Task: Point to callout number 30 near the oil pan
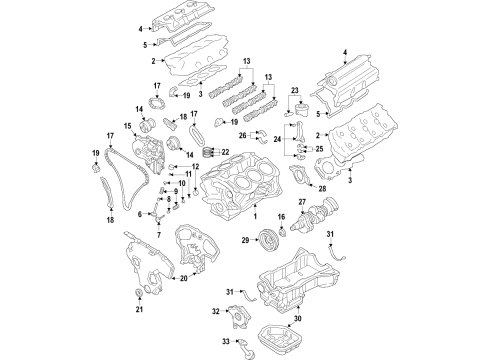point(297,319)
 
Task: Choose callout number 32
point(216,312)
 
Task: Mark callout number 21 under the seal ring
point(139,310)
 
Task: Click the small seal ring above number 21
point(139,292)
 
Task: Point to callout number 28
point(321,187)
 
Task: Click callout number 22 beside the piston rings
point(225,152)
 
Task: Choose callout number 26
point(242,135)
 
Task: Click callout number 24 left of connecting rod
point(276,141)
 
